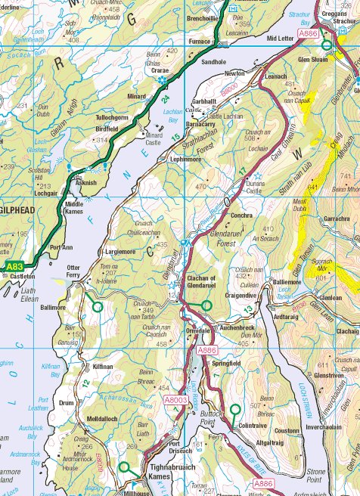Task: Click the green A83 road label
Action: tap(14, 267)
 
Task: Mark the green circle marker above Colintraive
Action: tap(235, 409)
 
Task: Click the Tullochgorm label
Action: tap(113, 117)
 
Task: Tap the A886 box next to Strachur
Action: tap(308, 34)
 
